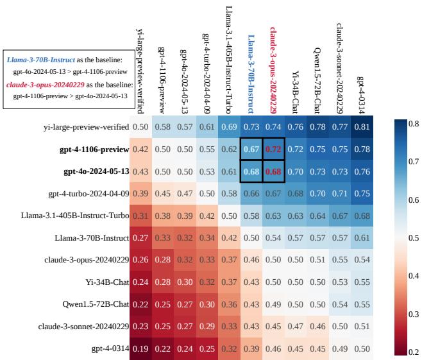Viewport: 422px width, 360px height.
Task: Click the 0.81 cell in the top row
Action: click(362, 126)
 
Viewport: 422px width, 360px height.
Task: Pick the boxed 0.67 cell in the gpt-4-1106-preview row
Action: click(251, 149)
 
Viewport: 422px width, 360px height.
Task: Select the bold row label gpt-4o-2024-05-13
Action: click(96, 171)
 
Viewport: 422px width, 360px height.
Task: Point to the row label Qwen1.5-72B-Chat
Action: click(94, 304)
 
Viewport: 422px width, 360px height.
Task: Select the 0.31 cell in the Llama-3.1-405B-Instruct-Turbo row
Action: click(140, 215)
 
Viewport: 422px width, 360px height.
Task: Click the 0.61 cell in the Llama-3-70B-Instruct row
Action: click(362, 237)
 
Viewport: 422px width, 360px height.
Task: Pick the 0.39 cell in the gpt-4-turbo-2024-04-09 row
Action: click(140, 193)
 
